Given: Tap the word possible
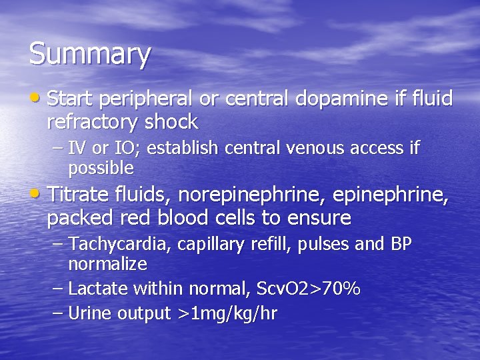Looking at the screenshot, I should (x=101, y=167).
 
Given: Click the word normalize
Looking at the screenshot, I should (x=107, y=264).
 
